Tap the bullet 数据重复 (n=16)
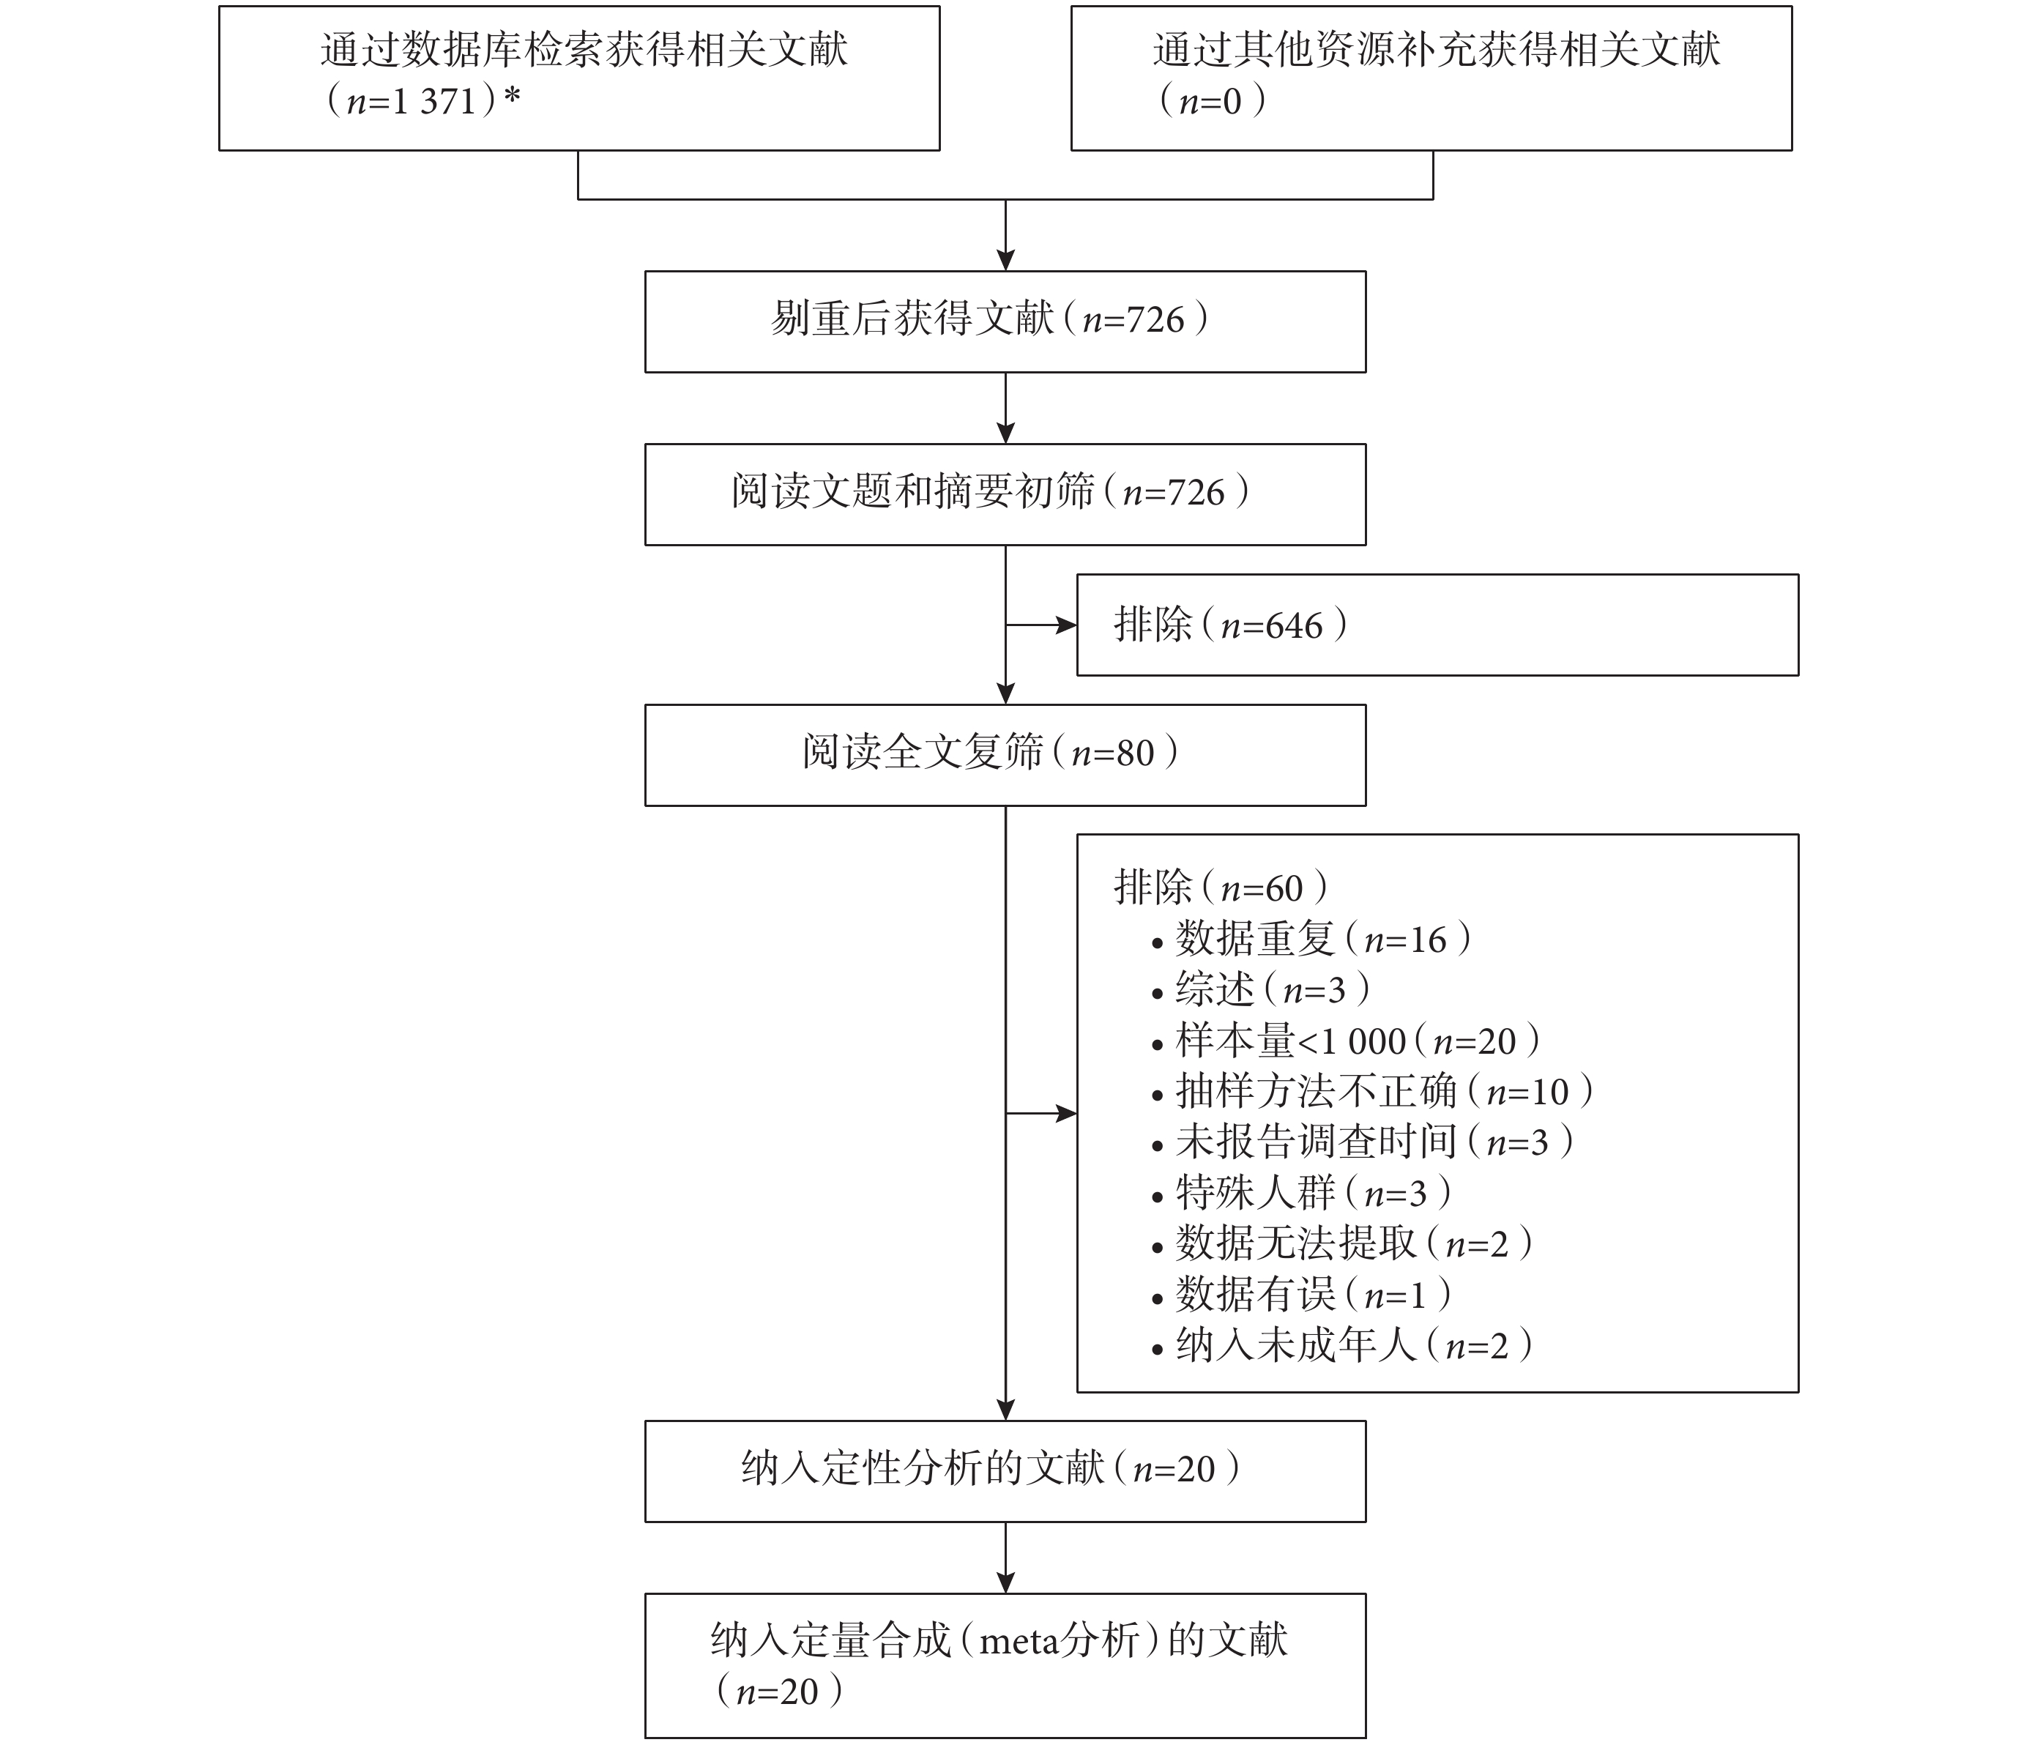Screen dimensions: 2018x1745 click(x=1311, y=940)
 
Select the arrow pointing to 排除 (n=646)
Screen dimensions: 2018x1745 click(x=1041, y=625)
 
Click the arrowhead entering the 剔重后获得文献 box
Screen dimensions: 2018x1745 click(x=1006, y=260)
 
